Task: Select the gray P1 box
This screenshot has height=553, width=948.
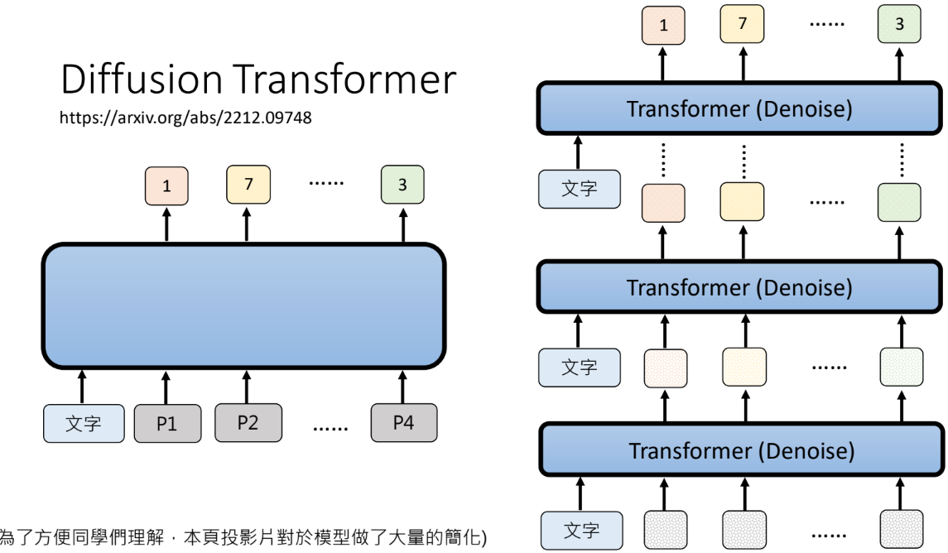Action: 167,423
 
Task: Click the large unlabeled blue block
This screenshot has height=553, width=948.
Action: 243,306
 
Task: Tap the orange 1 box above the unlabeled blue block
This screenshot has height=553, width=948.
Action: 166,186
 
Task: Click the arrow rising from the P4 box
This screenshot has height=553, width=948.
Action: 403,386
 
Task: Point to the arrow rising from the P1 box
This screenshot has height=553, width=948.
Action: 167,386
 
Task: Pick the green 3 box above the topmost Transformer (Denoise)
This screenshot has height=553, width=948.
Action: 900,25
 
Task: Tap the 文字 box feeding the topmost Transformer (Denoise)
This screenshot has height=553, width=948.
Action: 578,189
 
